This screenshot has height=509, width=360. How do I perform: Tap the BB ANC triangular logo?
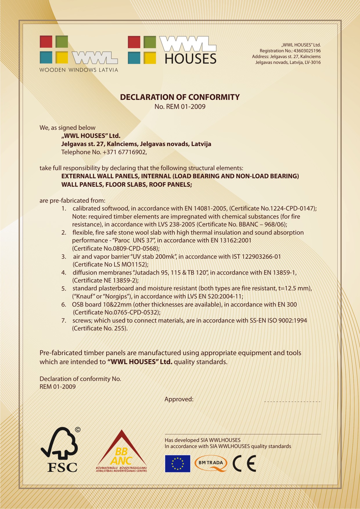point(122,452)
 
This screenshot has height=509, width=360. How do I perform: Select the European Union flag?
point(177,463)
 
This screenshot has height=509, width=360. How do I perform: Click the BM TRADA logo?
point(211,463)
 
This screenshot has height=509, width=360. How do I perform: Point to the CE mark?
point(244,463)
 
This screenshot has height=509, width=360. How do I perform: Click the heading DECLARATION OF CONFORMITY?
point(180,97)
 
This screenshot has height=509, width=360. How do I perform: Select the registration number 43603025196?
point(307,51)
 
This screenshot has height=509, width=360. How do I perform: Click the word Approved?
point(179,399)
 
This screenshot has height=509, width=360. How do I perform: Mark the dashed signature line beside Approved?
point(292,401)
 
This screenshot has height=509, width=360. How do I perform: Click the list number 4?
point(64,273)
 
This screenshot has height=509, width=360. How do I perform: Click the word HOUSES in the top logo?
point(190,59)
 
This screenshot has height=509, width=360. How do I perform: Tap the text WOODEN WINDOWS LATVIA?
point(79,70)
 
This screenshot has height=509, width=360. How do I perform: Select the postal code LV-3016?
point(313,62)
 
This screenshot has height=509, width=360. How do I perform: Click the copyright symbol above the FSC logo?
point(78,429)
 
